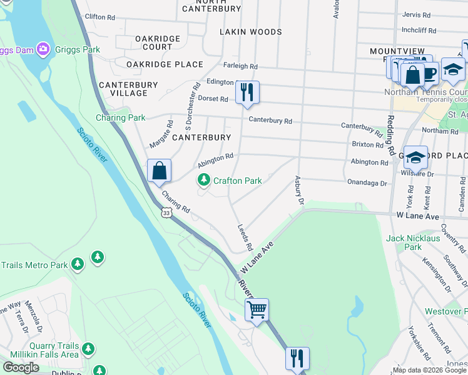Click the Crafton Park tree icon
203,181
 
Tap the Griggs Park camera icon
43,49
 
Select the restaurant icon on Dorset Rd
247,92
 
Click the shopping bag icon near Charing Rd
159,170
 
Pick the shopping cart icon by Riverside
257,309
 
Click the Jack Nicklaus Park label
412,242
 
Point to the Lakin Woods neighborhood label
251,32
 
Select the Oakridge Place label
165,64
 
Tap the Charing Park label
120,117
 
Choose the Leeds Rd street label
245,238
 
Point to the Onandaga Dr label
367,183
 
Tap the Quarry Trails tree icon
88,347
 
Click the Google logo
21,367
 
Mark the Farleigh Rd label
240,66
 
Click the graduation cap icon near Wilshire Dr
415,157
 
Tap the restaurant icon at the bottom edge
297,358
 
